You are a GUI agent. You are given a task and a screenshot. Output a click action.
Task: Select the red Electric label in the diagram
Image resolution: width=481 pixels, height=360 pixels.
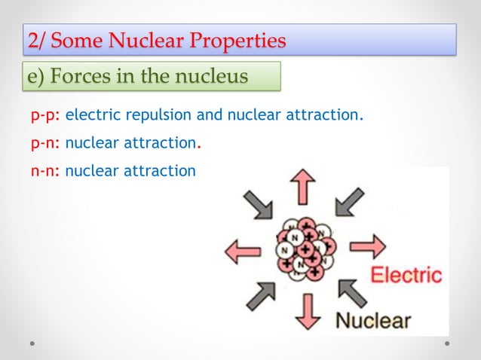406,274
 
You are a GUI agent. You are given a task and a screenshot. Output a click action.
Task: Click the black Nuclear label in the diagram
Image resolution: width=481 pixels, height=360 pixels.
373,321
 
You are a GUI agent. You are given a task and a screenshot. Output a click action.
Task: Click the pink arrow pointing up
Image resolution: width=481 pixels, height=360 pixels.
304,185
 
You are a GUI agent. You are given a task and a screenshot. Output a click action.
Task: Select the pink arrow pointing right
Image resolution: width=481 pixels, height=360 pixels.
368,245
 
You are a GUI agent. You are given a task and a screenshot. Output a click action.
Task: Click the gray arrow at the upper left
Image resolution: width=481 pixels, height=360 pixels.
257,203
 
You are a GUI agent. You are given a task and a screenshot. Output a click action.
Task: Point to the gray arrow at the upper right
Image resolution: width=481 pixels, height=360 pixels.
348,201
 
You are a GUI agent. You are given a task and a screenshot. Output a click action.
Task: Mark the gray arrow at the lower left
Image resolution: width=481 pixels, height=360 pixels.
260,294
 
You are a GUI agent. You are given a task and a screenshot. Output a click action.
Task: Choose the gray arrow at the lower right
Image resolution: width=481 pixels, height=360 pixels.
351,293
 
